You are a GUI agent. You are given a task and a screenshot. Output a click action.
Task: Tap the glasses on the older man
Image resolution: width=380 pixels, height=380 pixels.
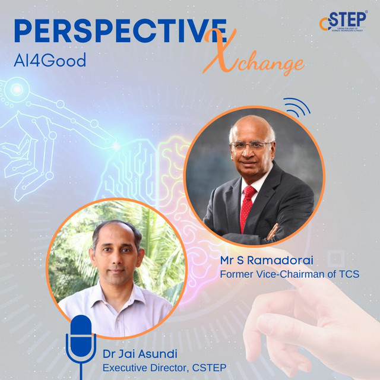pos(252,145)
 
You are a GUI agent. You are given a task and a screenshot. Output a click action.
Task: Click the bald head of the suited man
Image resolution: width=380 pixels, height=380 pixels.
pos(252,123)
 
